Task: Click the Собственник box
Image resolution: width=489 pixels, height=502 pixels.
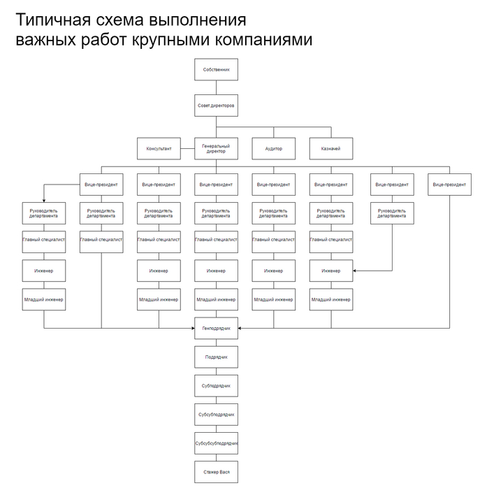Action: pos(216,71)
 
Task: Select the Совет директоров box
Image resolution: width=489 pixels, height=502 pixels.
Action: pos(216,106)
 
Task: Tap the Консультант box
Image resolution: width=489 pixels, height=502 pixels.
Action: pos(159,149)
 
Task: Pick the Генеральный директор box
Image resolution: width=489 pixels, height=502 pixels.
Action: pos(216,149)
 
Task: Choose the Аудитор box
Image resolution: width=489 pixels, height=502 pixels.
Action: pos(274,149)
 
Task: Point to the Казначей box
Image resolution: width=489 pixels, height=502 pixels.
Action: pos(331,149)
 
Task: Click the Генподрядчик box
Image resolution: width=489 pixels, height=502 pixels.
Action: pos(216,327)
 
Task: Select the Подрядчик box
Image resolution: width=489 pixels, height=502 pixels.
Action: pos(216,357)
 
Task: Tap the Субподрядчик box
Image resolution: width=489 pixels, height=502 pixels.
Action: pos(216,385)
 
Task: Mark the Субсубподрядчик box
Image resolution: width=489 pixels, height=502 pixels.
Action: pos(216,414)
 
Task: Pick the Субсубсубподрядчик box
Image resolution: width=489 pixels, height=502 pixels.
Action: pos(216,443)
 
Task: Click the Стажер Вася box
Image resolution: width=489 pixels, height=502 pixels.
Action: pos(216,472)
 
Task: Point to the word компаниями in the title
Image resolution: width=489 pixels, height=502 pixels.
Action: pos(256,41)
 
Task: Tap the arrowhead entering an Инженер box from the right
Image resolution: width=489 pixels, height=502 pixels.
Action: pos(355,270)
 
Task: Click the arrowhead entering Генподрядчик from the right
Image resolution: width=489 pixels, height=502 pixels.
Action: pos(240,327)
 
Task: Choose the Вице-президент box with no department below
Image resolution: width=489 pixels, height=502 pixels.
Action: pos(448,184)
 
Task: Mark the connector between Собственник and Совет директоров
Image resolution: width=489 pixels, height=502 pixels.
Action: pos(216,88)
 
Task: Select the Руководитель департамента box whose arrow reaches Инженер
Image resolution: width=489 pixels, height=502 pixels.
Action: pos(392,213)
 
